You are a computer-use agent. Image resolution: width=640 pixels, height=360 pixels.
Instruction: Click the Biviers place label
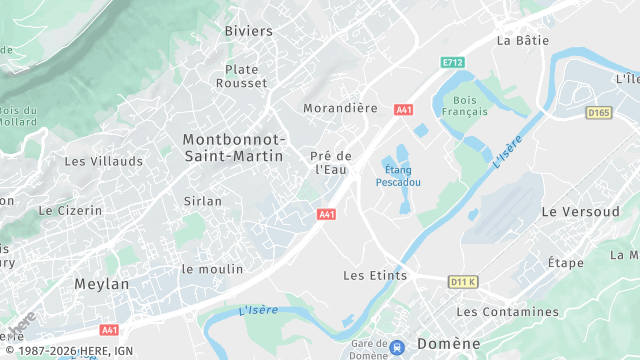point(248,31)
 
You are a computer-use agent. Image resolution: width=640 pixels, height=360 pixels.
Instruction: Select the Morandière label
point(339,106)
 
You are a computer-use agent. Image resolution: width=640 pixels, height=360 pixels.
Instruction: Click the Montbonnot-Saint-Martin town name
point(234,147)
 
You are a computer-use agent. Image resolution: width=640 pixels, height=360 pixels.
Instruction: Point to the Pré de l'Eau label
point(331,162)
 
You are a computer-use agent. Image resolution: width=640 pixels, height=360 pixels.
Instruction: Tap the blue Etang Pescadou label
point(398,177)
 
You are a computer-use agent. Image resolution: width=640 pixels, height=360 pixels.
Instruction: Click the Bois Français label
point(464,106)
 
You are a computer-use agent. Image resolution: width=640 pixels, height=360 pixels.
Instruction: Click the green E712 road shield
point(453,62)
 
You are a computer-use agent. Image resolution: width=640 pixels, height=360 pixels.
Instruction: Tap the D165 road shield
point(598,113)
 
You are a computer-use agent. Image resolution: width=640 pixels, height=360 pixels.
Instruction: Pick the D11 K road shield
point(463,282)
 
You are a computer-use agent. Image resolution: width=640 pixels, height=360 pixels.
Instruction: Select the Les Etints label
point(375,275)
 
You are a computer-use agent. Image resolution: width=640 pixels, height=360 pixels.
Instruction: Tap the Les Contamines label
point(507,311)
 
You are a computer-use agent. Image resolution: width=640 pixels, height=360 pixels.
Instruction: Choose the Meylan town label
point(102,284)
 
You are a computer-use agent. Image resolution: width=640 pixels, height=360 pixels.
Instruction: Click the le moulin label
point(212,269)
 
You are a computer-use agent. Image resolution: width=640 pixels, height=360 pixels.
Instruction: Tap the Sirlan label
point(203,201)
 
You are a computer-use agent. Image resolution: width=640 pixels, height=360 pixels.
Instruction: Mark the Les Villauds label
point(104,160)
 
